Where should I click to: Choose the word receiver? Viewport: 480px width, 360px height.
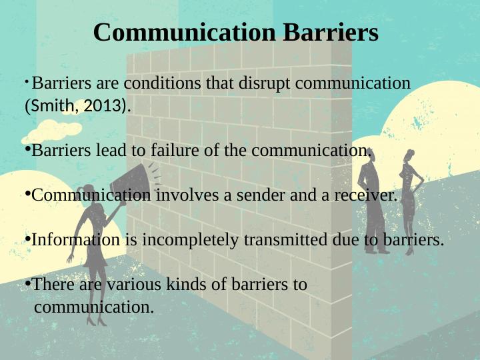366,195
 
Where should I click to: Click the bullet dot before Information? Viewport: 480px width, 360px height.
27,238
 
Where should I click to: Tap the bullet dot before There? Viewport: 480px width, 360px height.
27,283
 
